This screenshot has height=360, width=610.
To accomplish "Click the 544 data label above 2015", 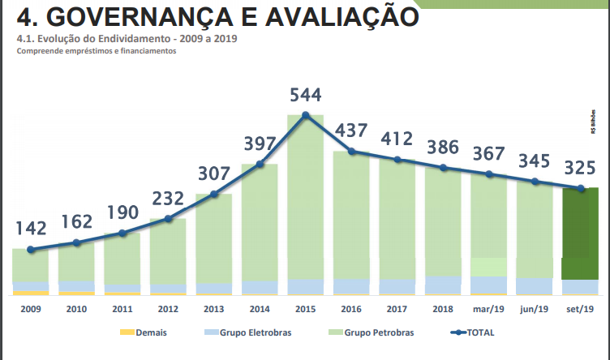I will click(x=306, y=95).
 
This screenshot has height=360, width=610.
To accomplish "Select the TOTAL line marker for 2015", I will click(x=306, y=115).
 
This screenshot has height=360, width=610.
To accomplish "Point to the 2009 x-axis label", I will click(x=31, y=309).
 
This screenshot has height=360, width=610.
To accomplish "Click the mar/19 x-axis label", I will click(x=489, y=309).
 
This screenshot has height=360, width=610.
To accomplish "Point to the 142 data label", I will click(x=31, y=229).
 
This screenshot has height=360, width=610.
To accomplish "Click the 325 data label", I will click(x=581, y=169).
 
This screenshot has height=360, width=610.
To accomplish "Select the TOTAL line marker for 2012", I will click(x=168, y=219).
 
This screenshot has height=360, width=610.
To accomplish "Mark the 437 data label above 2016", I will click(x=351, y=131).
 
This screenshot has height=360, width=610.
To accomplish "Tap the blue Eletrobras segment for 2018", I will click(x=444, y=285).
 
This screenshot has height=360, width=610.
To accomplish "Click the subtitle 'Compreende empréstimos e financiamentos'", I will click(x=96, y=51).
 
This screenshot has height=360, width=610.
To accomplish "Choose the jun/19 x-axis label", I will click(x=535, y=309).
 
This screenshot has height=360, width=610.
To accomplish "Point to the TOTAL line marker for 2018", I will click(x=444, y=168).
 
